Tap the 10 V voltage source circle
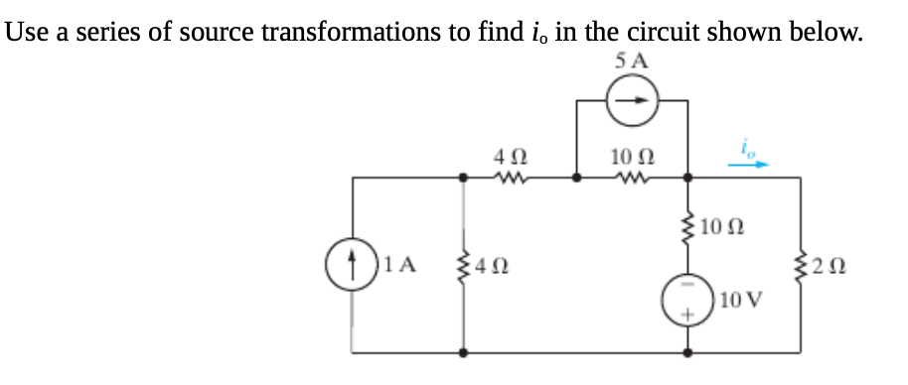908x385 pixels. [688, 300]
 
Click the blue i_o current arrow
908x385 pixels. [748, 166]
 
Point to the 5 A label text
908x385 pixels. [633, 61]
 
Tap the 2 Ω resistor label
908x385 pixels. [832, 265]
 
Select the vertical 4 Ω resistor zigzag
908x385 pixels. [463, 265]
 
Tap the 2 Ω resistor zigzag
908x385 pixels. [801, 265]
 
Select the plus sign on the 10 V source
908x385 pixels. [688, 315]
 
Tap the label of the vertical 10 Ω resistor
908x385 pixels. [722, 231]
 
